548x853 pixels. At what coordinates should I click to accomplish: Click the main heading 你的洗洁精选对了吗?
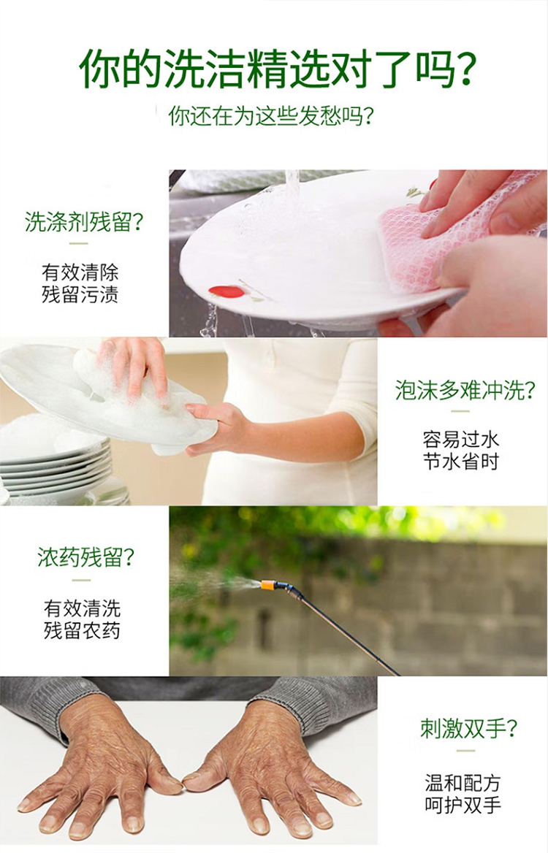[x=278, y=69]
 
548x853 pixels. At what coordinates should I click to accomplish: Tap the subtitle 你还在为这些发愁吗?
[x=271, y=115]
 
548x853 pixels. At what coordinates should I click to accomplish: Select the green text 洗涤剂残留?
[x=84, y=221]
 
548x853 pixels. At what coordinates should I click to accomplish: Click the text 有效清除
[x=80, y=272]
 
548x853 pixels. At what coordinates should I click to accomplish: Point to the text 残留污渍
[x=80, y=294]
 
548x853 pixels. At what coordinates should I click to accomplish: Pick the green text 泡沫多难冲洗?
[x=465, y=390]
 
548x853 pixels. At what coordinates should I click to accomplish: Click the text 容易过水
[x=461, y=439]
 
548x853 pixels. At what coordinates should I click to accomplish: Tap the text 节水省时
[x=461, y=462]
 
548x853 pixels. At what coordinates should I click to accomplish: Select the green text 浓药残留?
[x=86, y=557]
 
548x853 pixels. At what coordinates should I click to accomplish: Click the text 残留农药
[x=82, y=630]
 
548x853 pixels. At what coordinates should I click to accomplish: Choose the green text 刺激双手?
[x=468, y=728]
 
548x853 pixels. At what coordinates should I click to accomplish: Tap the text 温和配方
[x=463, y=783]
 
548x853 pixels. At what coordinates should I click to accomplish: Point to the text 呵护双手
[x=463, y=805]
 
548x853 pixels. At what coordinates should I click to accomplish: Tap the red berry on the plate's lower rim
[x=227, y=291]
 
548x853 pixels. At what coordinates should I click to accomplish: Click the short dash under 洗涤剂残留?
[x=79, y=243]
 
